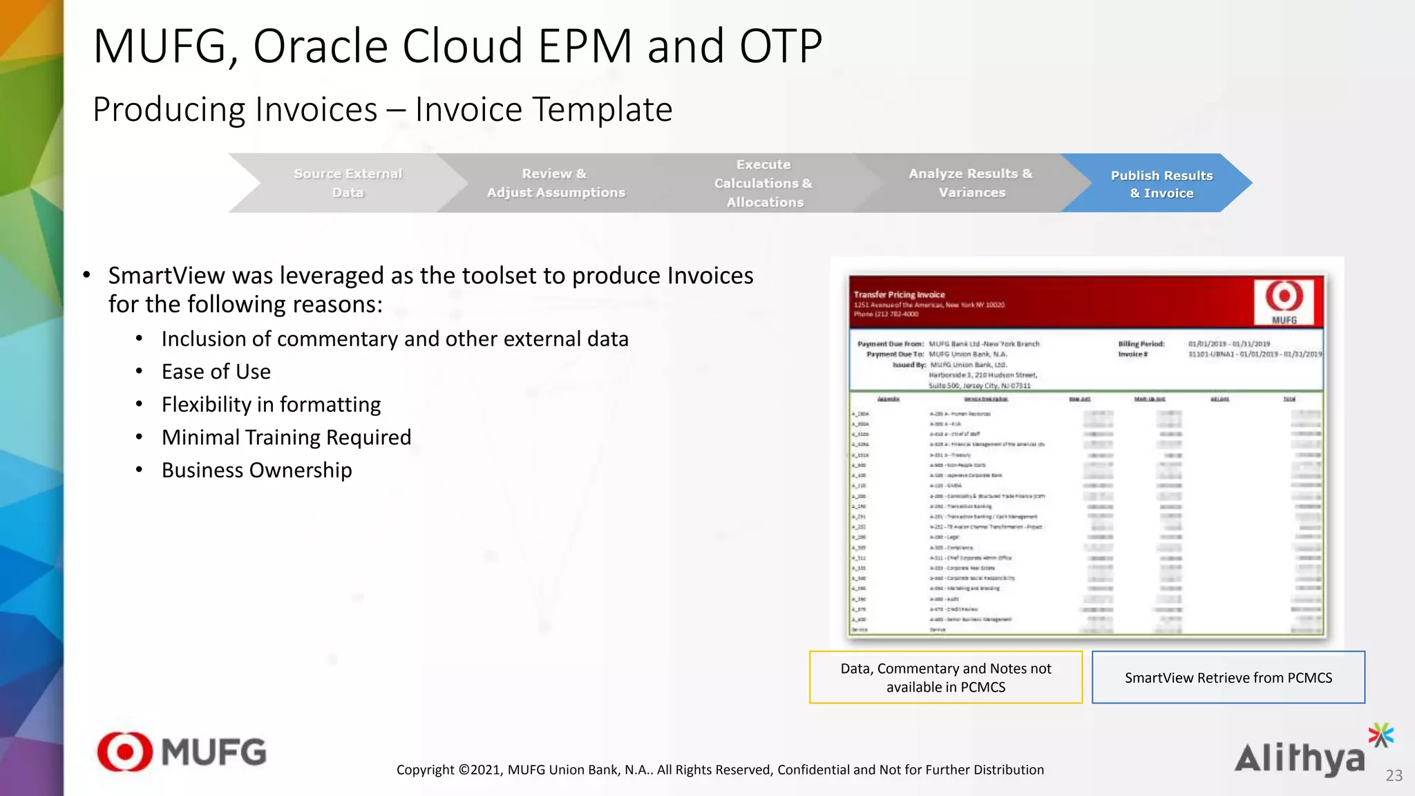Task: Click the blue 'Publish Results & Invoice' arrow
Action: coord(1161,184)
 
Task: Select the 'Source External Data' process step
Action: coord(348,183)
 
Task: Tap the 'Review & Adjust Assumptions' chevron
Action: coord(555,183)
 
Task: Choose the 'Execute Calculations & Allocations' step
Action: coord(763,183)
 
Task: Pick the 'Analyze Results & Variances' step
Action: coord(971,183)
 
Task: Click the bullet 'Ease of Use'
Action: coord(216,372)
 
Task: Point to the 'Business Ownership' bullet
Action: coord(256,471)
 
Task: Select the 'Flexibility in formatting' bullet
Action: coord(271,404)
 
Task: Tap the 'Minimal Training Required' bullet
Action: coord(286,437)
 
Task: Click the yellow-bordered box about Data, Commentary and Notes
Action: coord(945,677)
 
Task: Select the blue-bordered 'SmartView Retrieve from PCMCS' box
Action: coord(1228,677)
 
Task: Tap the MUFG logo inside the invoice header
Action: coord(1284,301)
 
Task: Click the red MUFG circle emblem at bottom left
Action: coord(125,752)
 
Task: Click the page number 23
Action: coord(1394,776)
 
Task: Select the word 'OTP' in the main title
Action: coord(780,47)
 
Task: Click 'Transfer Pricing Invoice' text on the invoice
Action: coord(899,294)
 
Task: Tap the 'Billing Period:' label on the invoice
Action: coord(1141,343)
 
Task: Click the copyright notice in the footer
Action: coord(720,770)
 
